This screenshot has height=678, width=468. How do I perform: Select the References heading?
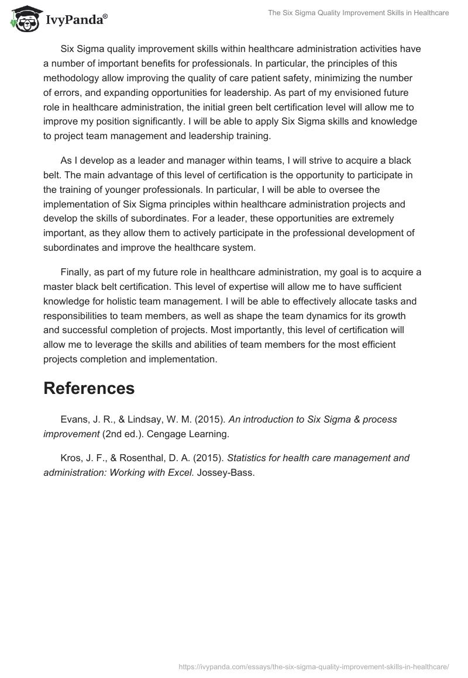[x=89, y=389]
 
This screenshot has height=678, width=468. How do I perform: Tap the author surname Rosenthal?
[x=150, y=458]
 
